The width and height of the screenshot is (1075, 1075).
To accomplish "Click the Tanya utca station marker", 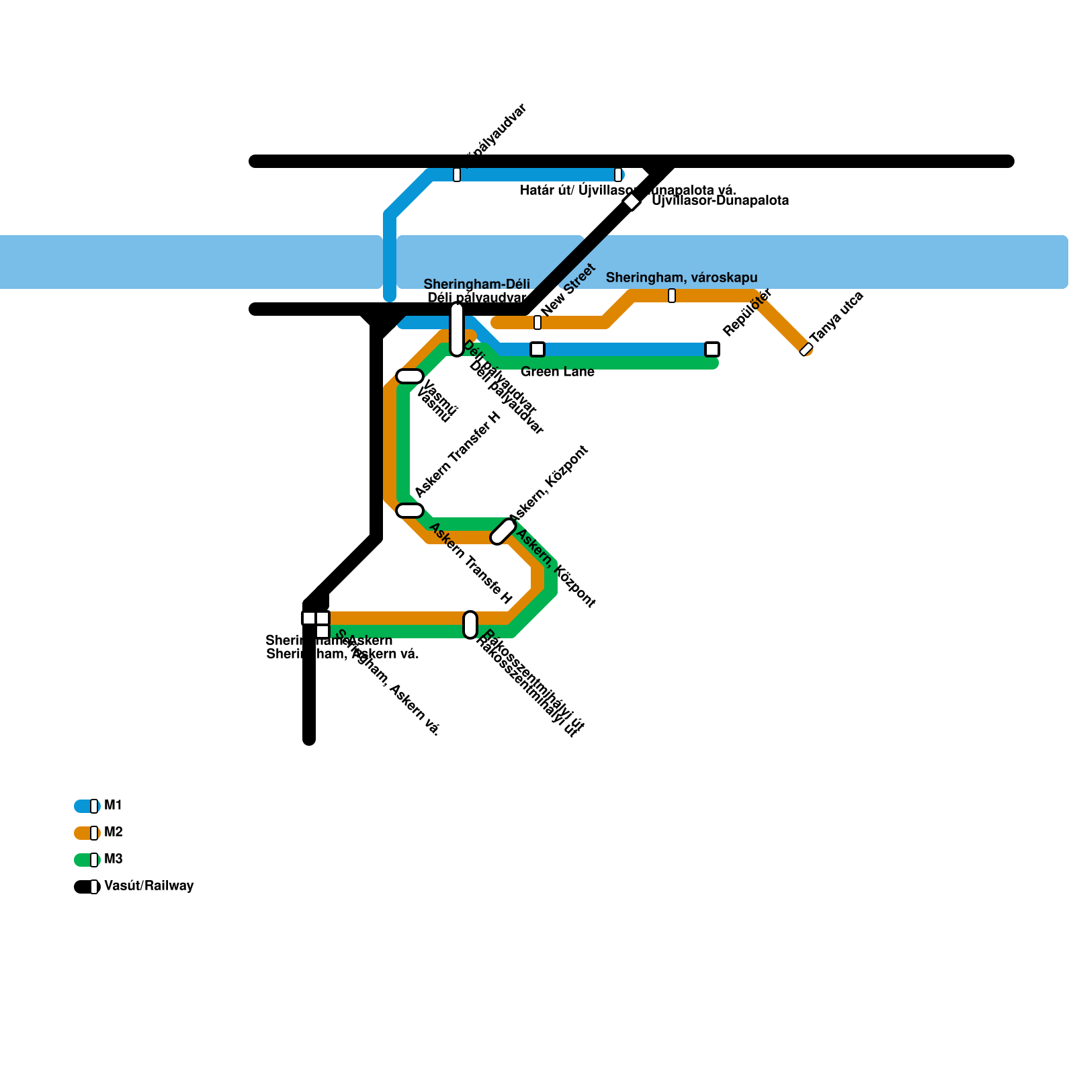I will click(x=806, y=349).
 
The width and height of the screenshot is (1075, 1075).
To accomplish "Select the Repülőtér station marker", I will click(x=712, y=349).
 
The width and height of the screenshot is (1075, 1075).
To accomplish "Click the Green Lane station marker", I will click(x=537, y=349).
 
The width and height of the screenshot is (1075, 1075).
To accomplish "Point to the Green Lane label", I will click(x=557, y=372).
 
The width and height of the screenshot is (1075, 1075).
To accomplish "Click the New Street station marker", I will click(x=537, y=322).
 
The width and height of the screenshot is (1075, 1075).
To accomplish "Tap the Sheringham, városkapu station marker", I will click(x=672, y=296).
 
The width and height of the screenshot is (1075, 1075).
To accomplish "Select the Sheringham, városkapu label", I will click(x=681, y=278).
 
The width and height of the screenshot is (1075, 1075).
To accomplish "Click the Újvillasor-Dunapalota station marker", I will click(x=632, y=202).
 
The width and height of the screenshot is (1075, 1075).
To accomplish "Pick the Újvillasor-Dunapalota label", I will click(x=720, y=201).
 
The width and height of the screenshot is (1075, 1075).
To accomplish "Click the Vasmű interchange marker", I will click(x=410, y=376).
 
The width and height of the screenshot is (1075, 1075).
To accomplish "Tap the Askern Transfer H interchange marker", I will click(x=410, y=511).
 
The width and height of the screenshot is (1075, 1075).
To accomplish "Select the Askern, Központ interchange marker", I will click(x=503, y=531).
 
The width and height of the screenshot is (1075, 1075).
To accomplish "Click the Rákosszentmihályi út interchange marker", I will click(x=470, y=625).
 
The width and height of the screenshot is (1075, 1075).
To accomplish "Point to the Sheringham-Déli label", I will click(x=476, y=285).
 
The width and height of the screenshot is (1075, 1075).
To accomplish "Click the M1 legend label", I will click(x=114, y=806).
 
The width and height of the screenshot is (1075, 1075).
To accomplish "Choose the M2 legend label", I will click(x=114, y=832).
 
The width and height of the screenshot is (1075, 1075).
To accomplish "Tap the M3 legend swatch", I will click(x=86, y=860).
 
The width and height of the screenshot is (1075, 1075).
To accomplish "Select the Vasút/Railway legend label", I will click(x=148, y=886).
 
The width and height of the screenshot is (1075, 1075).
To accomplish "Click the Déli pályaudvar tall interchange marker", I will click(x=457, y=329).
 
